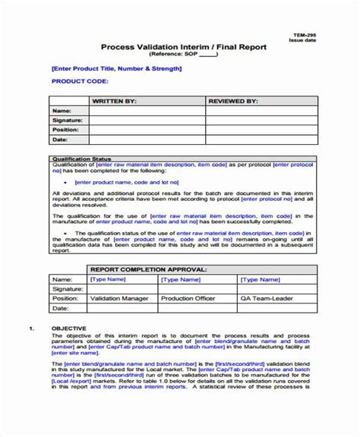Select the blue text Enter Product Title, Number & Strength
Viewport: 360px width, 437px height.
tap(116, 68)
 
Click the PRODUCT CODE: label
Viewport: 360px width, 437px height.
tap(79, 80)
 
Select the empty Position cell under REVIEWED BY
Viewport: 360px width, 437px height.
tap(257, 130)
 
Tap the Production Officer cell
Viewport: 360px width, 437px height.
tap(187, 298)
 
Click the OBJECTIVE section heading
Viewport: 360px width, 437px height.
tap(69, 328)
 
